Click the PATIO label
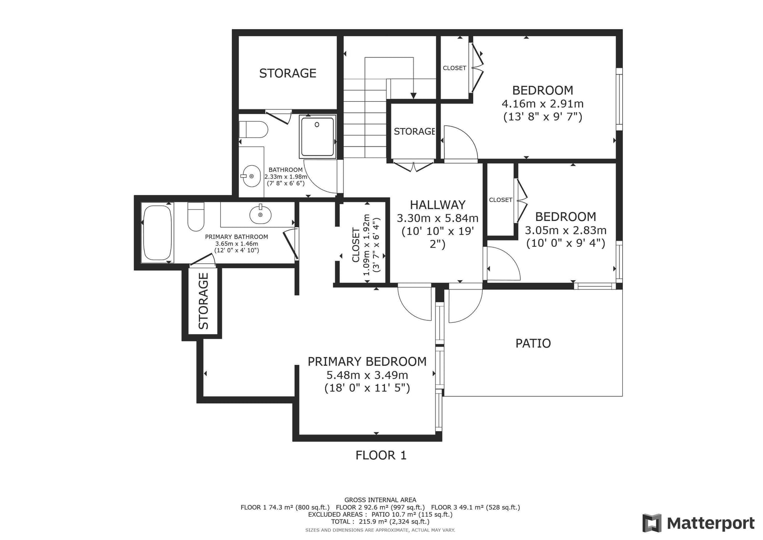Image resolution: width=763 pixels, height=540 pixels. pos(533,343)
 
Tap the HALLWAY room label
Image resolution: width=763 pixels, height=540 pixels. pos(437,205)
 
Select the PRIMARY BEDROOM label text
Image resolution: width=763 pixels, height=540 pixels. pos(367,361)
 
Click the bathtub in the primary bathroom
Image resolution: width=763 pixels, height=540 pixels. pos(157,233)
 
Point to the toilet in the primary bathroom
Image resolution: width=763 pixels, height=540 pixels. pos(196,217)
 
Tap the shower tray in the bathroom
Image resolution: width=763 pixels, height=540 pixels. pos(318,137)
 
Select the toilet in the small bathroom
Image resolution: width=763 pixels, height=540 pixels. pos(253,129)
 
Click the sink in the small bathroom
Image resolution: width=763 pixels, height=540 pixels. pos(251,176)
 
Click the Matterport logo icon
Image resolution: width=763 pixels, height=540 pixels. pos(652,523)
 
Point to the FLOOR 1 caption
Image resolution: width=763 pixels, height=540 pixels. pos(381,455)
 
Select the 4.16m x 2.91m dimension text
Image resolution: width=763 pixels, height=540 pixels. pos(543,103)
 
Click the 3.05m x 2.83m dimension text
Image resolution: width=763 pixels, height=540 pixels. pos(566,230)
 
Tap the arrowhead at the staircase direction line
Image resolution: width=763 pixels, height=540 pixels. pos(413,96)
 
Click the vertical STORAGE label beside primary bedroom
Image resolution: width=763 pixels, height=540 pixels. pos(203,301)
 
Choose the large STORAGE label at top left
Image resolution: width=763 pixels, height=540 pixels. pos(288,73)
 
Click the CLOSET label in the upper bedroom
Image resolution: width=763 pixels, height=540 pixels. pos(454,68)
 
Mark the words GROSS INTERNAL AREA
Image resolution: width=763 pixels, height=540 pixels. pos(380,500)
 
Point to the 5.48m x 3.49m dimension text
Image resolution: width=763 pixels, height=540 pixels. pos(367,375)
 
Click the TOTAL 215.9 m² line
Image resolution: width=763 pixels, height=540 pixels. pos(380,521)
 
